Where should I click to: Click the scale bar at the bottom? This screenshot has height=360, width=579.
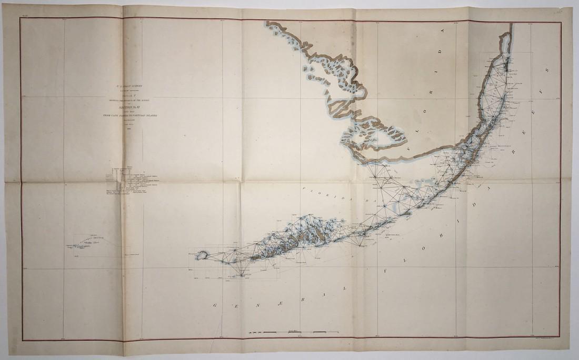295,333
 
